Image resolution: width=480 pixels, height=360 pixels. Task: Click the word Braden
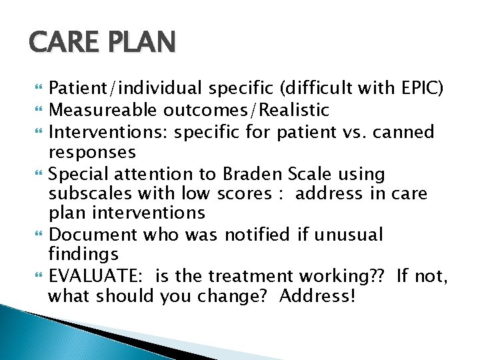tap(253, 175)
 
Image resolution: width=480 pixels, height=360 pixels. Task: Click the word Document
tap(90, 235)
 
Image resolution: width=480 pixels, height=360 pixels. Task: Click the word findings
tap(83, 255)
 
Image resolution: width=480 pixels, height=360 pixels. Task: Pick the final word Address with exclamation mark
tap(317, 295)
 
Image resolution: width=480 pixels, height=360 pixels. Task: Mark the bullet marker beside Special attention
tap(35, 175)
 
